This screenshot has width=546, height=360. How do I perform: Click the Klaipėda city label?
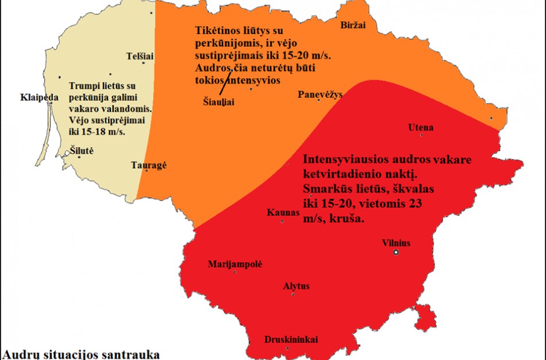coord(40,97)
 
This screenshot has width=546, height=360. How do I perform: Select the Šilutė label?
coord(81,151)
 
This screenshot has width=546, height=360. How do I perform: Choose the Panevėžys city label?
coord(320,94)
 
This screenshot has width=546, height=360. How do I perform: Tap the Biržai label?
coord(353,25)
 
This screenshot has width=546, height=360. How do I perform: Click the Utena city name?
coord(420,127)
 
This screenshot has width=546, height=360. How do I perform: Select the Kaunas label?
coord(283,212)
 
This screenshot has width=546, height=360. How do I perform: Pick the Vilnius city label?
coord(397,243)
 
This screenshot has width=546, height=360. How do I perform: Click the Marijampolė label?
coord(234,264)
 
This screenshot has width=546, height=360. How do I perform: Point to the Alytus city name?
coord(297,286)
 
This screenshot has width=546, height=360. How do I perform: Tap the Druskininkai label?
coord(291,339)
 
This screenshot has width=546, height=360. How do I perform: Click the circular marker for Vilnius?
coord(395,252)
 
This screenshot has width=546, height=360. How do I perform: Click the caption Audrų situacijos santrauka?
coord(81,354)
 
